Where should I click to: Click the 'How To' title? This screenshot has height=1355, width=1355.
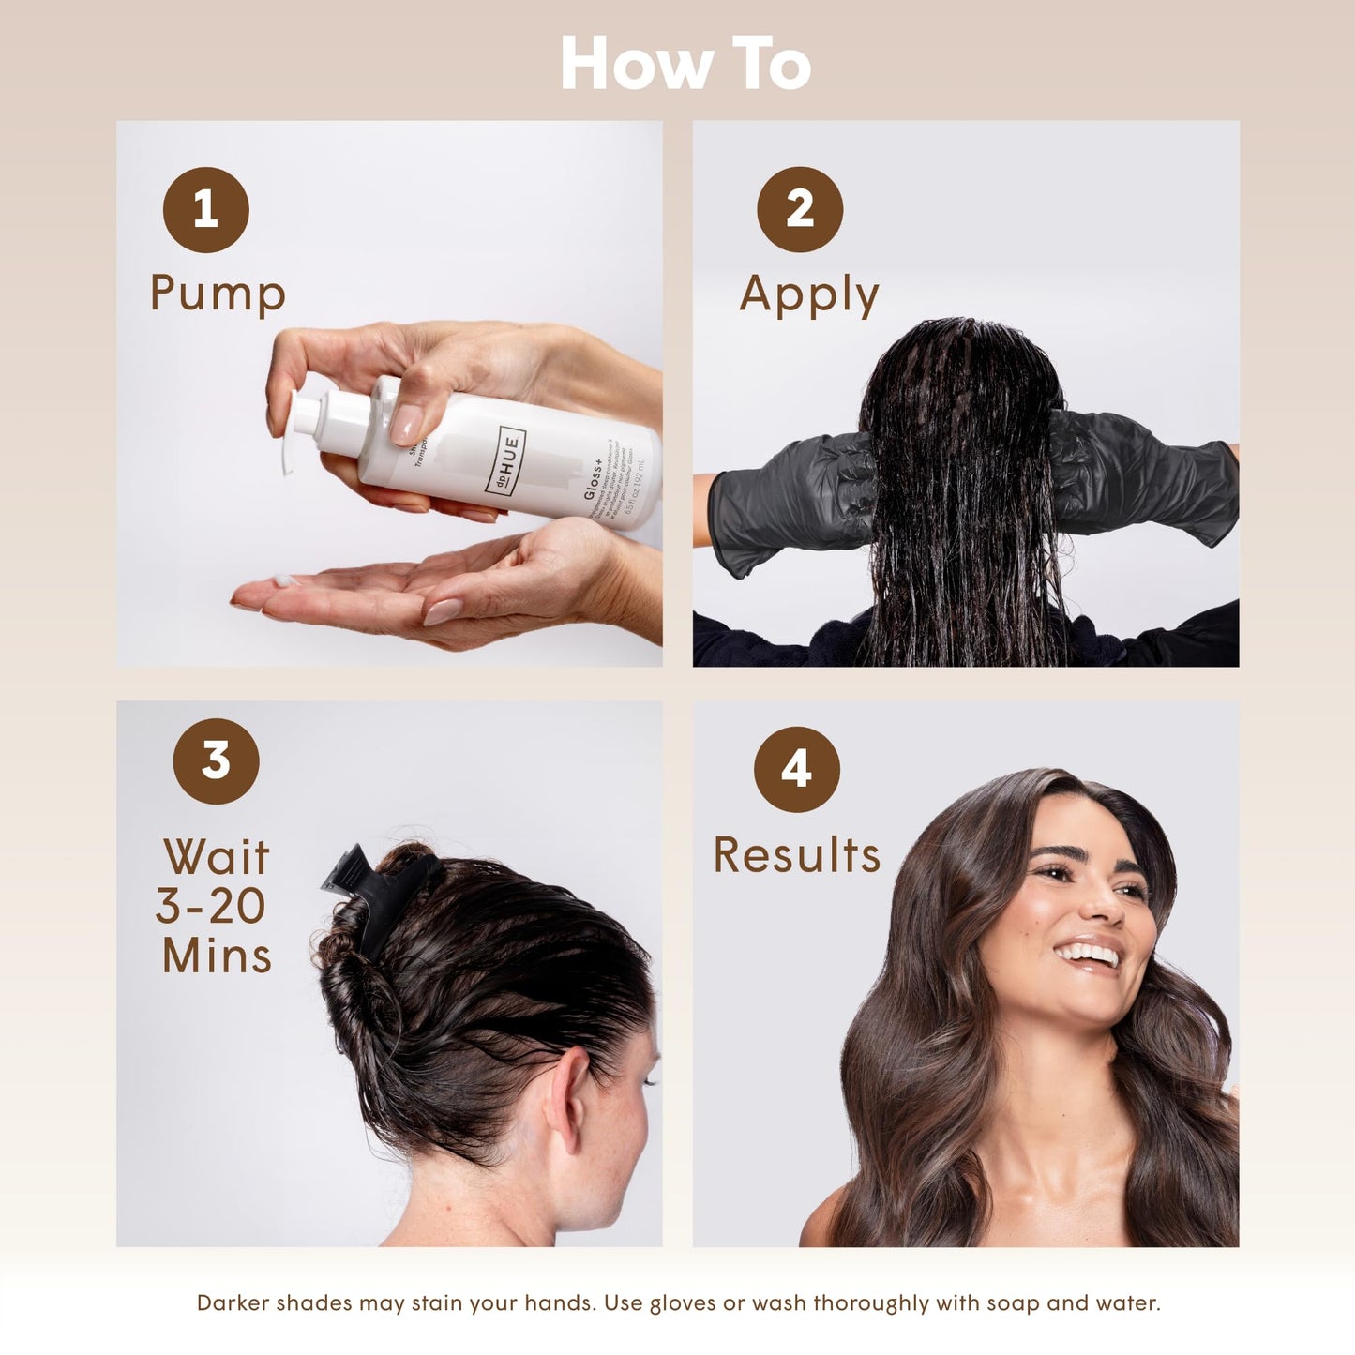click(685, 64)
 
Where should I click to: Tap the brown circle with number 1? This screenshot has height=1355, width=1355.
click(205, 209)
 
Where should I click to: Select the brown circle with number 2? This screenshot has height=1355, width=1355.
click(799, 209)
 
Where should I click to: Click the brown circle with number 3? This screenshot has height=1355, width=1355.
click(216, 760)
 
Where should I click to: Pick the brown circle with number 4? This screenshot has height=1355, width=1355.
click(796, 769)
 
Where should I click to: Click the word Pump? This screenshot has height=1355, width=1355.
click(218, 294)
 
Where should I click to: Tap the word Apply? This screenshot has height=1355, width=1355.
click(808, 295)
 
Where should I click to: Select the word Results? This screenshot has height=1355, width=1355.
click(796, 855)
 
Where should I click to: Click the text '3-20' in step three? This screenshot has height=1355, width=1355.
click(211, 906)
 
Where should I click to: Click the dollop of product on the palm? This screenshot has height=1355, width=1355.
click(284, 580)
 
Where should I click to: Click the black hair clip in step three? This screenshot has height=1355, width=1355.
click(370, 891)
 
